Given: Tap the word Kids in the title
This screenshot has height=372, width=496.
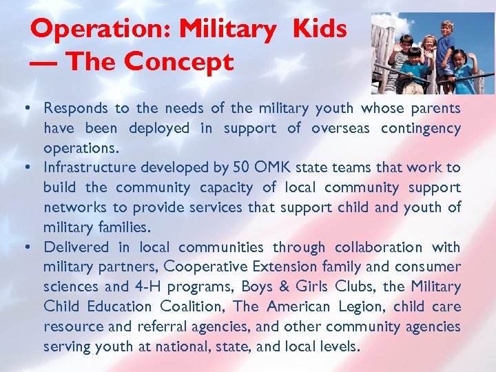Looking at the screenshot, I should (x=319, y=29).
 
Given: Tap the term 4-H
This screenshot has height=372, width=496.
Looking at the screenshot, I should (x=172, y=287).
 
